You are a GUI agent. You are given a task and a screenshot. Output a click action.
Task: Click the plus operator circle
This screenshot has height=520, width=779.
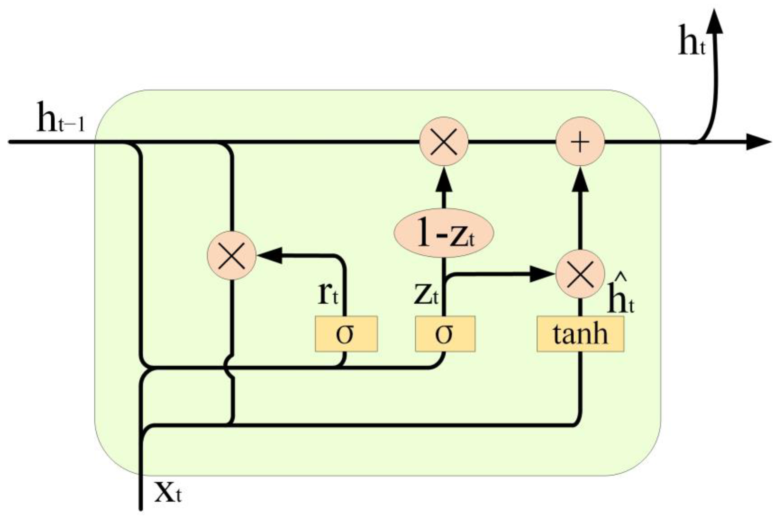pyautogui.click(x=580, y=141)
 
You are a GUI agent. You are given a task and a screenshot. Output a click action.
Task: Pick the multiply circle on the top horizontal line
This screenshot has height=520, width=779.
pyautogui.click(x=444, y=141)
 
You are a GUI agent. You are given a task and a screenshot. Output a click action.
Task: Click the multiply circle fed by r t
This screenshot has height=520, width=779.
pyautogui.click(x=231, y=255)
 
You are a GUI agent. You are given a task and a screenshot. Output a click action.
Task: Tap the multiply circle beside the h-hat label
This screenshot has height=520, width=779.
pyautogui.click(x=580, y=274)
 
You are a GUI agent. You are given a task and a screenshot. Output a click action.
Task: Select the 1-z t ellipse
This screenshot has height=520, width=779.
pyautogui.click(x=444, y=233)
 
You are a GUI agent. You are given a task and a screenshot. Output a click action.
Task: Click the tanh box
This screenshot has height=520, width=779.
pyautogui.click(x=580, y=334)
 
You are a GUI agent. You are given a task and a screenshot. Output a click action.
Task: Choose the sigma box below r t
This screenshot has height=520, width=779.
pyautogui.click(x=346, y=334)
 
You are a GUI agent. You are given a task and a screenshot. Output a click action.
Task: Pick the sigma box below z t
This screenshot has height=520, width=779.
pyautogui.click(x=445, y=334)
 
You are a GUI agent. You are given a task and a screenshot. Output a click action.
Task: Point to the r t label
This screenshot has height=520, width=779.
pyautogui.click(x=327, y=294)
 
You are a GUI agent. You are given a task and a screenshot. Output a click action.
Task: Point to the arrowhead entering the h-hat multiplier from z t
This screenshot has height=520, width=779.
pyautogui.click(x=541, y=274)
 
